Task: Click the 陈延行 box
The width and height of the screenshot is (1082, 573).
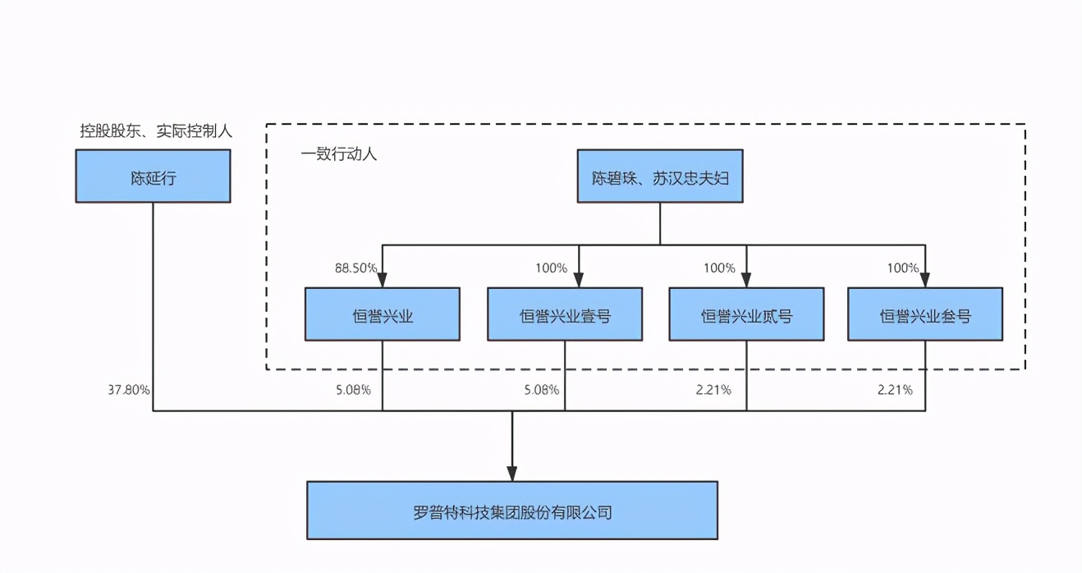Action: pyautogui.click(x=153, y=176)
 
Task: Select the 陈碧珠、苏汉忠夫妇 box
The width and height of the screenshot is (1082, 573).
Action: pyautogui.click(x=659, y=176)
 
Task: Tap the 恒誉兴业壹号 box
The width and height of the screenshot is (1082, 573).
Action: pyautogui.click(x=565, y=314)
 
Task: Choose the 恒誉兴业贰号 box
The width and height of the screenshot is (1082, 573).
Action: pyautogui.click(x=746, y=314)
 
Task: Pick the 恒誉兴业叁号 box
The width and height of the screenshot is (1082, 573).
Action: pyautogui.click(x=925, y=314)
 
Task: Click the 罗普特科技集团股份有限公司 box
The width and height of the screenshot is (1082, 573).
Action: pyautogui.click(x=512, y=510)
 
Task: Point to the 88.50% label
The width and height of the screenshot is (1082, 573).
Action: pyautogui.click(x=355, y=268)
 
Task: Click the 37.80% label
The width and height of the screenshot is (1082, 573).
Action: pyautogui.click(x=128, y=390)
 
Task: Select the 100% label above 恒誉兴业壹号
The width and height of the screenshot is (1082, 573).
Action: pyautogui.click(x=551, y=268)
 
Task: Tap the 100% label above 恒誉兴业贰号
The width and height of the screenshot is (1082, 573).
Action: pyautogui.click(x=719, y=268)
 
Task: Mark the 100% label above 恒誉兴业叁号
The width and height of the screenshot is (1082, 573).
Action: pyautogui.click(x=903, y=268)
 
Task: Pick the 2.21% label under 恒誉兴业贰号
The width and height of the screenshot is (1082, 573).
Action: pyautogui.click(x=713, y=390)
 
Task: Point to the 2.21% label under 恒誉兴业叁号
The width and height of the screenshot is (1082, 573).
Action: pyautogui.click(x=894, y=390)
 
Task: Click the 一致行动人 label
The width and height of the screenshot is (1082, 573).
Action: pyautogui.click(x=338, y=154)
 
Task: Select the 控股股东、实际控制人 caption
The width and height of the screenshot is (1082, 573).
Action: pyautogui.click(x=156, y=130)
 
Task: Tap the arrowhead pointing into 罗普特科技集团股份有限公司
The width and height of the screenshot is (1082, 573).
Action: pyautogui.click(x=512, y=474)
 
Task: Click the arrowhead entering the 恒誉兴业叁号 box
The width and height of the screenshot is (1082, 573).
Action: pyautogui.click(x=925, y=279)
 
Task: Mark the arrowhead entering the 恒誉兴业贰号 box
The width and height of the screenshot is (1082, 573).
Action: pyautogui.click(x=746, y=279)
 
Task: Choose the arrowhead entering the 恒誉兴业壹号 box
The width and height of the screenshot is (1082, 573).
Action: pyautogui.click(x=579, y=279)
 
